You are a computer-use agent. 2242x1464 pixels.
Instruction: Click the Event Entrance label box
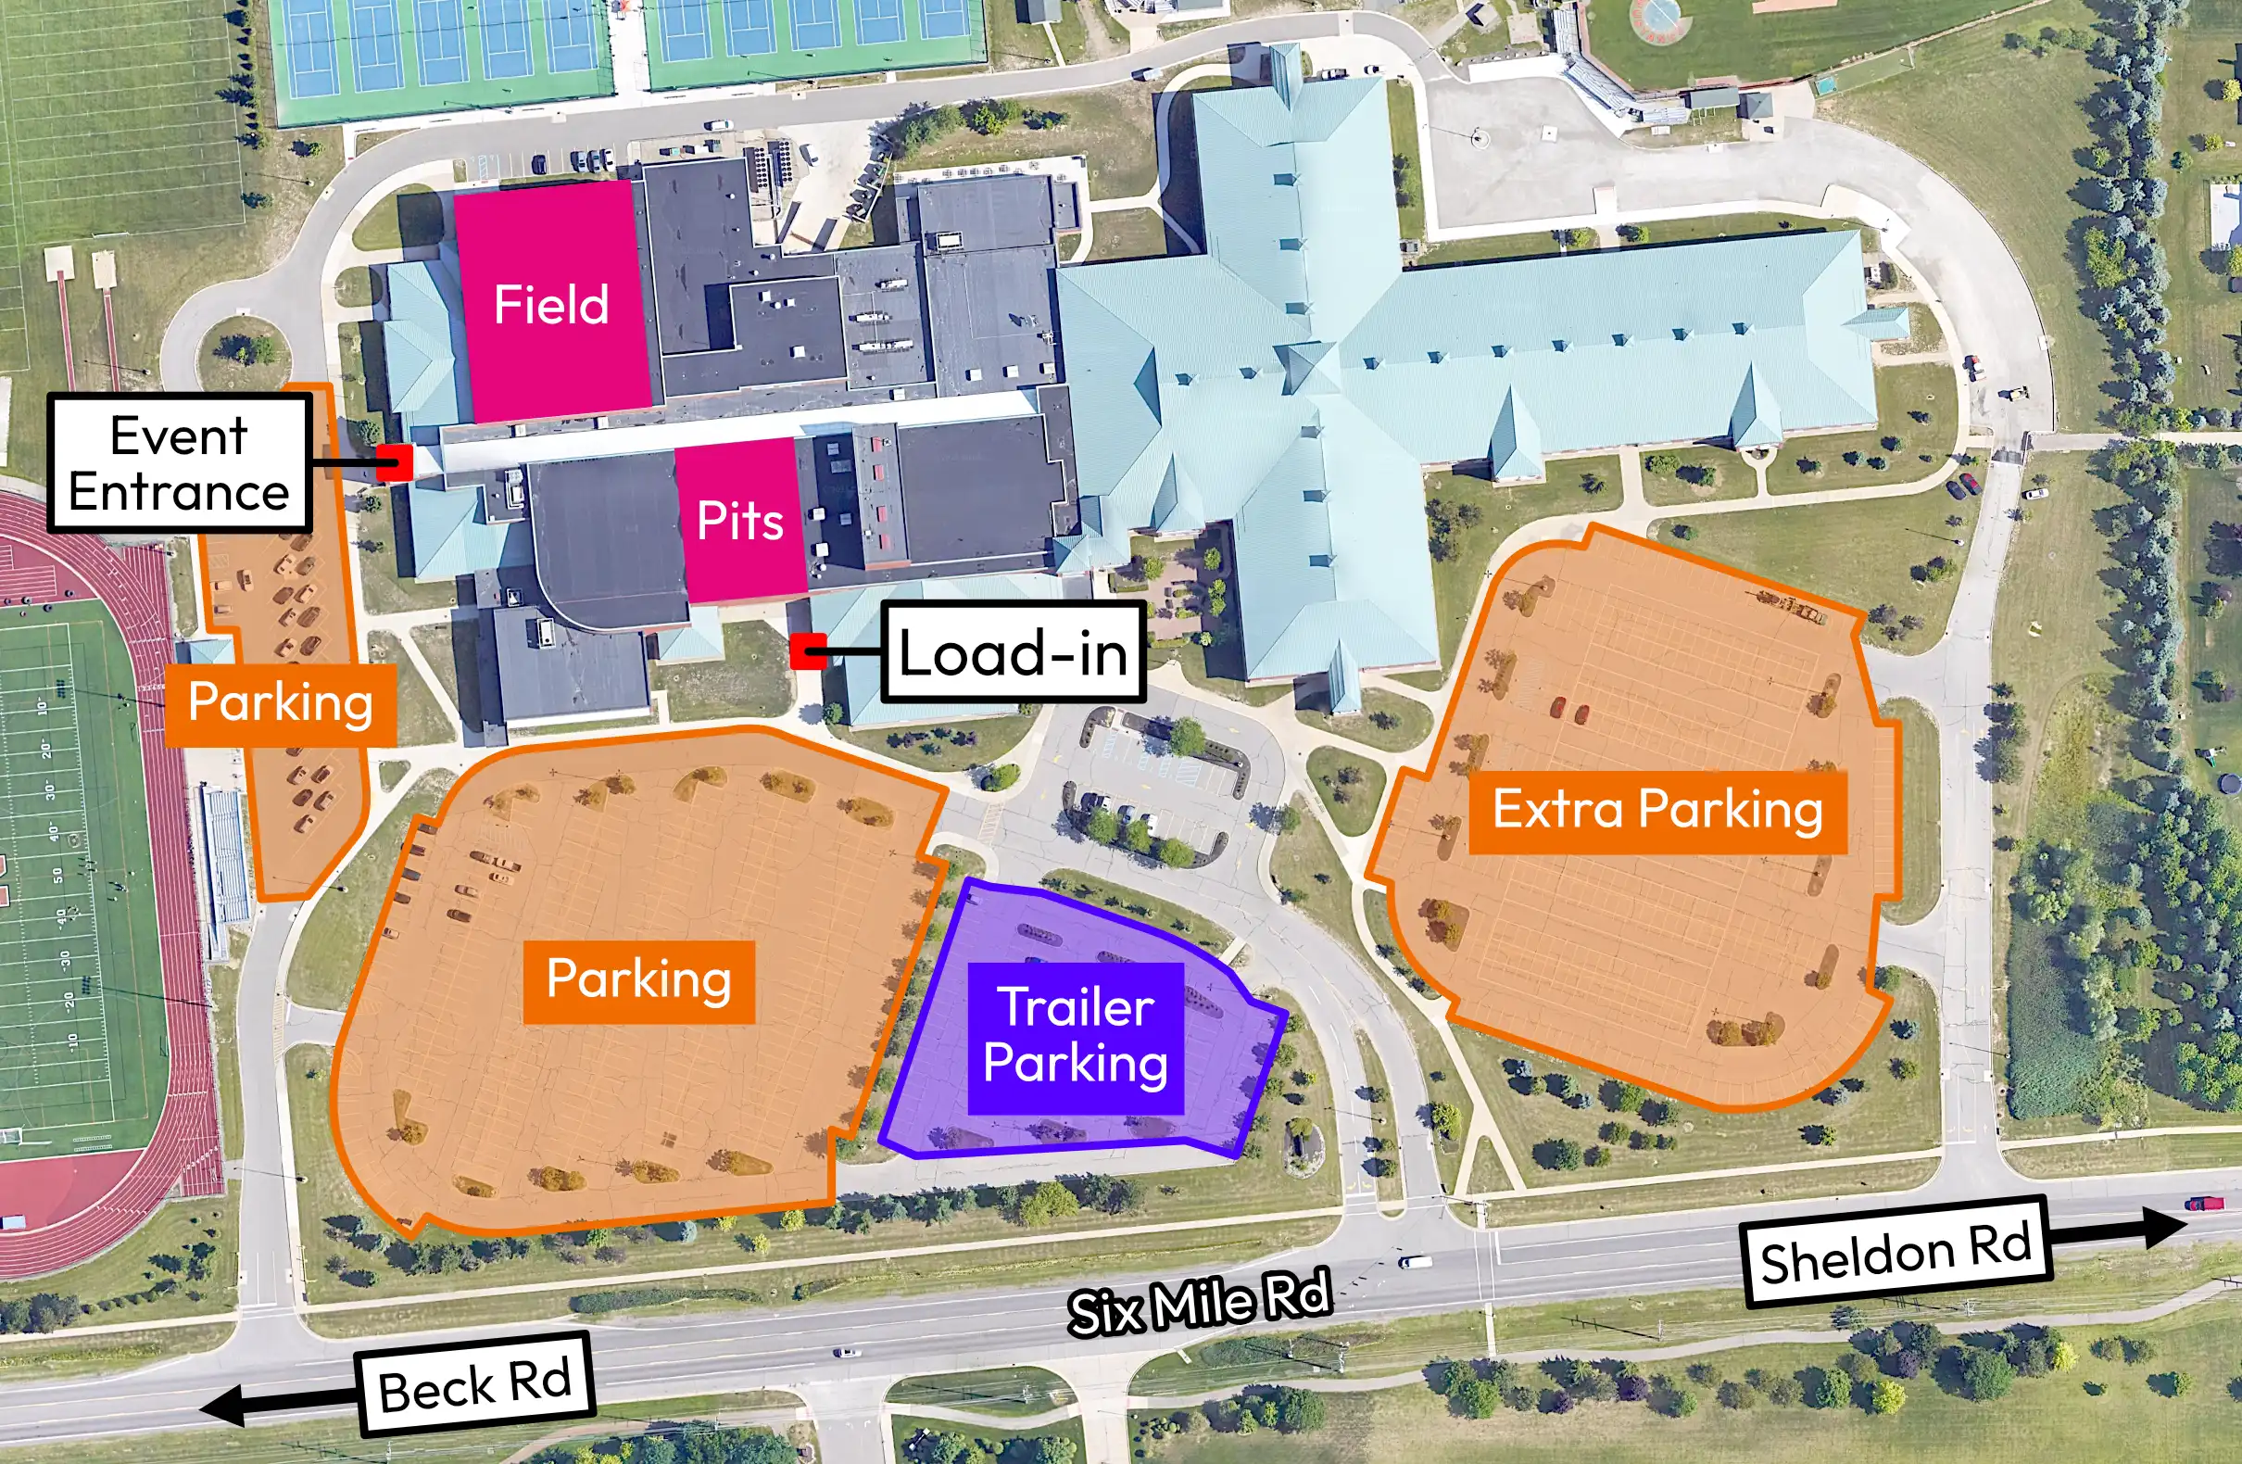click(179, 463)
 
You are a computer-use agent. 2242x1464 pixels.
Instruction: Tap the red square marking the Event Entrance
click(395, 461)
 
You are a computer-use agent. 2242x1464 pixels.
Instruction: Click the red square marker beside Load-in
click(807, 651)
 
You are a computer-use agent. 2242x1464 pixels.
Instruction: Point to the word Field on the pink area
click(551, 304)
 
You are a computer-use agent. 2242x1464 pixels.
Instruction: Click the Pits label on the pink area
click(739, 520)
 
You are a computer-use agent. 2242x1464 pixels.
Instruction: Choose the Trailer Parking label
click(1076, 1035)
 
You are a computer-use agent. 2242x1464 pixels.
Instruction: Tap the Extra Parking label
click(1658, 810)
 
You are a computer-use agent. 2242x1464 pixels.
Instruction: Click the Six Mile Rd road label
click(1199, 1303)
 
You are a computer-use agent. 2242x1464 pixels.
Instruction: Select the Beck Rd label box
click(475, 1385)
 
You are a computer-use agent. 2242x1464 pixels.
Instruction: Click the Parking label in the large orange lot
click(638, 979)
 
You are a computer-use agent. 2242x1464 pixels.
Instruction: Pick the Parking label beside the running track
click(281, 702)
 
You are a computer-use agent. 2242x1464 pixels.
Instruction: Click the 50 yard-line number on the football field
click(57, 876)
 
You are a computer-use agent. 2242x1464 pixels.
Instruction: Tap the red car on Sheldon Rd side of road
click(2205, 1203)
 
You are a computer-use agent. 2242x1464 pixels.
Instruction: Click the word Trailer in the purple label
click(1076, 1007)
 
